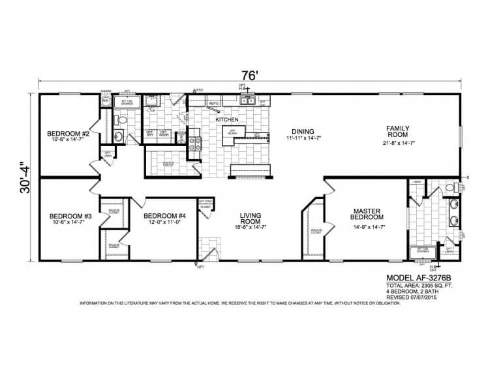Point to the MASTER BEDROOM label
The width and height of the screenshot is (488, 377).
click(367, 214)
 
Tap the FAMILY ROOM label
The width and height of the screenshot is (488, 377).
click(397, 131)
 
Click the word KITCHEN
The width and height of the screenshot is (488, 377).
click(227, 120)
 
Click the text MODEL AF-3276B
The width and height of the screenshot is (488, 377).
click(418, 277)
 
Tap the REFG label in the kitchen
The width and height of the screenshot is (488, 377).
click(213, 103)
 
